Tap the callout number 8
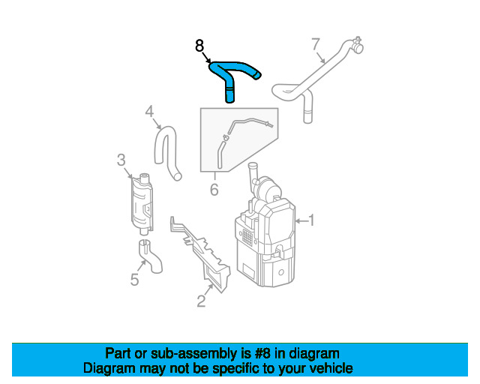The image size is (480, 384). click(199, 46)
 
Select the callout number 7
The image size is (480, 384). click(316, 44)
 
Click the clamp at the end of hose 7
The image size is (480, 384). click(357, 44)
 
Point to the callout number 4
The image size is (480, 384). click(149, 112)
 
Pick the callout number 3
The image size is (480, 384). click(121, 160)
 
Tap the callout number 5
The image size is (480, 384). click(135, 280)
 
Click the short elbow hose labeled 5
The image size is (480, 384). click(150, 256)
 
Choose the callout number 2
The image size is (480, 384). click(201, 301)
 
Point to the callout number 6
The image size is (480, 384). click(214, 190)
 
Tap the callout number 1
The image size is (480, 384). click(311, 220)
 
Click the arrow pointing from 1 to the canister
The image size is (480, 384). click(301, 220)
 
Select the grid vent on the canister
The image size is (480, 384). click(247, 237)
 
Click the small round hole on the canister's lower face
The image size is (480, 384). click(281, 272)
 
